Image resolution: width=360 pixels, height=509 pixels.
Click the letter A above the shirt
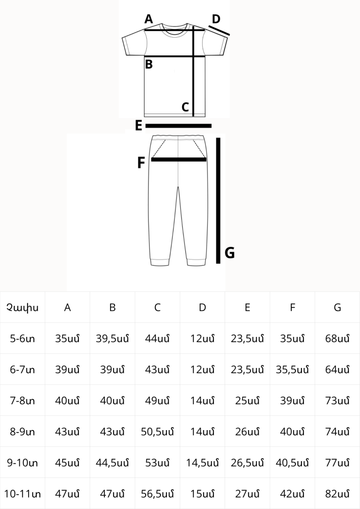tap(149, 19)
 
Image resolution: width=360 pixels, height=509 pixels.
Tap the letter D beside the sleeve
tap(216, 19)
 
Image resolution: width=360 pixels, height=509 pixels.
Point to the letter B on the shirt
tap(149, 64)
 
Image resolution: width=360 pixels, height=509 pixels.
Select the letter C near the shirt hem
tap(185, 107)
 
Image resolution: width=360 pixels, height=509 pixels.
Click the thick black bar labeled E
tap(179, 126)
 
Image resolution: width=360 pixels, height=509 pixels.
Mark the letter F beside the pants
tap(141, 163)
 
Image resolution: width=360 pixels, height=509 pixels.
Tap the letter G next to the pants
tap(230, 253)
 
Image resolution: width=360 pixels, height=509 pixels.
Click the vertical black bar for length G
tap(218, 201)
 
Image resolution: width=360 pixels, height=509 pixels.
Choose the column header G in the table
tap(337, 307)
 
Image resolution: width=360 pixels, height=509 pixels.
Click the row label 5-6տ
tap(22, 338)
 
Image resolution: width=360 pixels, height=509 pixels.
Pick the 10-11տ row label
tap(22, 494)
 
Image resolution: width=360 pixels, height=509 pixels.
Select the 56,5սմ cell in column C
tap(157, 494)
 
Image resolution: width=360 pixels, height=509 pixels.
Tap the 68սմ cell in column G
tap(337, 338)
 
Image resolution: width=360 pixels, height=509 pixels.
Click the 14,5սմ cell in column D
tap(202, 463)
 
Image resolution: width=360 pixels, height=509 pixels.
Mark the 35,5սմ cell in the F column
tap(292, 370)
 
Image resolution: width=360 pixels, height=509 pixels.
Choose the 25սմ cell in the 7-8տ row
tap(247, 401)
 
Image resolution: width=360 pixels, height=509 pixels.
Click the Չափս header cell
tap(22, 307)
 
